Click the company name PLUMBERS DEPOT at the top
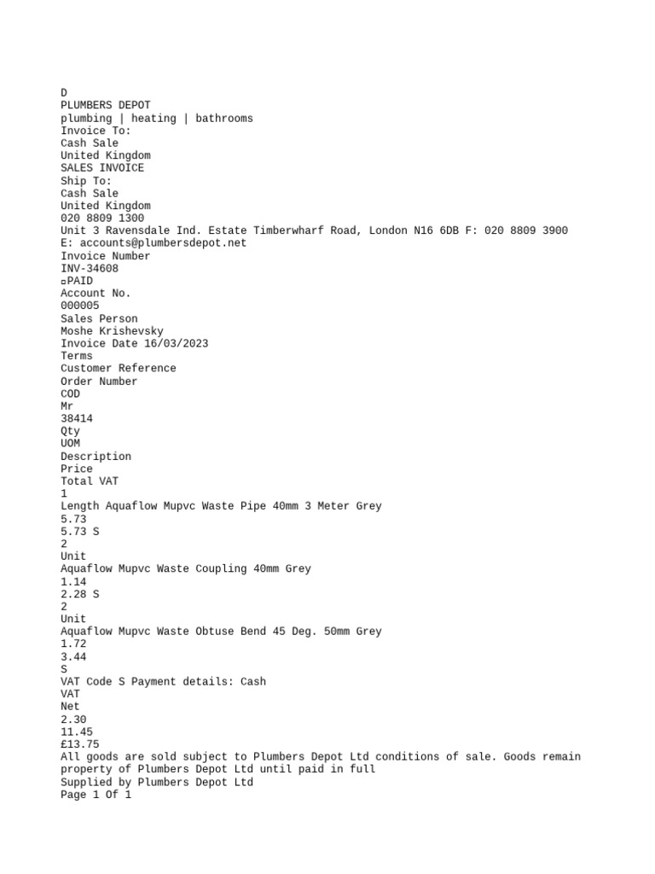tap(105, 105)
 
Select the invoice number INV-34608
tap(90, 268)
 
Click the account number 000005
tap(80, 306)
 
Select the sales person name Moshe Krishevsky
tap(112, 331)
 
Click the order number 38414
tap(77, 419)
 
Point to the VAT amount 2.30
tap(73, 720)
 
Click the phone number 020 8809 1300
tap(102, 218)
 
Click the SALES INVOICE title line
tap(102, 168)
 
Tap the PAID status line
tap(78, 281)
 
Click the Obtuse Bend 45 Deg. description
tap(221, 632)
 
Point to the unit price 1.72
tap(73, 644)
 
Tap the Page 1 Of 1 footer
tap(96, 795)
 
